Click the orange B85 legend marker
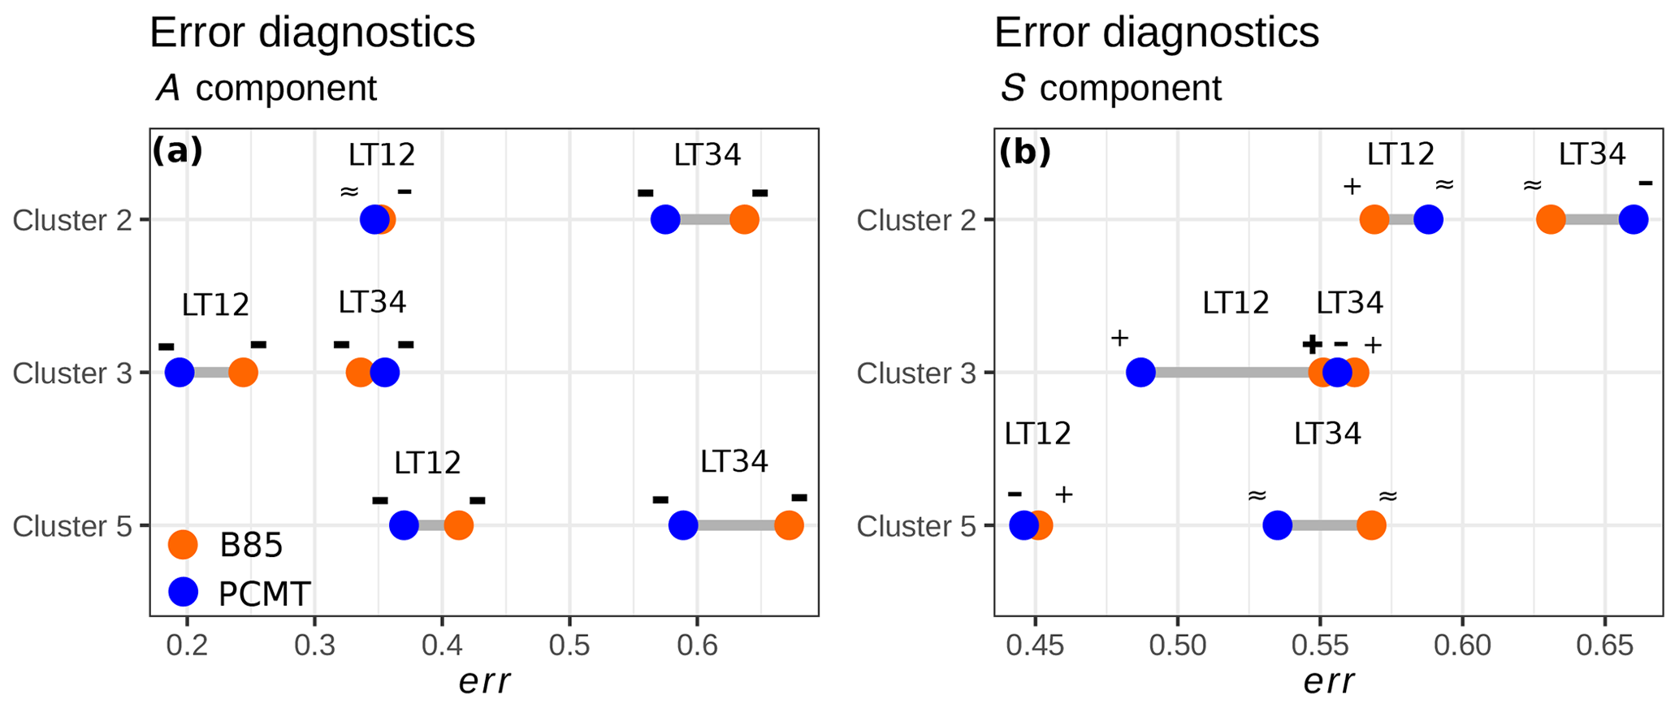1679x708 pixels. (183, 545)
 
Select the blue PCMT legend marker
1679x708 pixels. (183, 593)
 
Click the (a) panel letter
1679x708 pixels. (177, 151)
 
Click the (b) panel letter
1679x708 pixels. (1024, 151)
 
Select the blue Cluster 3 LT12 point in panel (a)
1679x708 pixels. (180, 373)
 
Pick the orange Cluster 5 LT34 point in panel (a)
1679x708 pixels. (789, 525)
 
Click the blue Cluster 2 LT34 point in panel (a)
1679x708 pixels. (665, 219)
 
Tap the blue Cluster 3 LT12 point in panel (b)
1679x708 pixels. (1141, 373)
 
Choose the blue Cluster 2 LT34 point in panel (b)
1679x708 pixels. (1633, 219)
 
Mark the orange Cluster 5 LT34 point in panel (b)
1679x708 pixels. (1371, 525)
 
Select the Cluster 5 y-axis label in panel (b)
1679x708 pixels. (916, 526)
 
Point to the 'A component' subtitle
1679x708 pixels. (266, 88)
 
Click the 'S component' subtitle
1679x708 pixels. (1110, 88)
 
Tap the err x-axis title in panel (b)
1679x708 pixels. (1328, 682)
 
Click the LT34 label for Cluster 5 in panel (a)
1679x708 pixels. (733, 461)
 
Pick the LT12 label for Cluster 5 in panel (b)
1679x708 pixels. (1037, 434)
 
